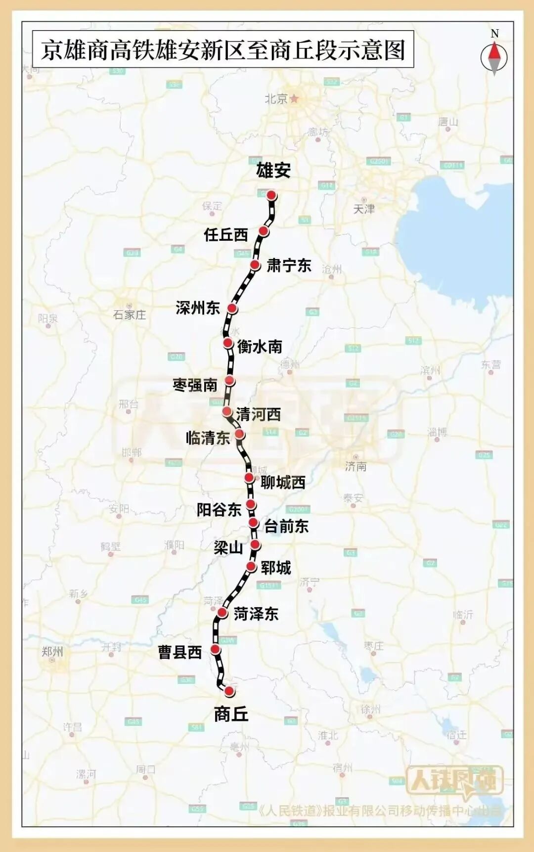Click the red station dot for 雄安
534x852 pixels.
coord(271,195)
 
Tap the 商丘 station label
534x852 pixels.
coord(231,714)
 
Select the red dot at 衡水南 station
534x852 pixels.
coord(228,343)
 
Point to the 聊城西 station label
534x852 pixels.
coord(283,482)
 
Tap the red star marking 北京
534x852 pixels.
coord(294,99)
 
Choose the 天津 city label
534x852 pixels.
coord(364,209)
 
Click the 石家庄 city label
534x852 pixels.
coord(130,314)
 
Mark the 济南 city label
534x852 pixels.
coord(356,466)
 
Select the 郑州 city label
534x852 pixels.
coord(52,652)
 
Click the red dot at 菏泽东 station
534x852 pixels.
coord(222,614)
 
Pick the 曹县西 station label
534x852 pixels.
coord(180,652)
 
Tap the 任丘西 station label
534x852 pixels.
coord(226,234)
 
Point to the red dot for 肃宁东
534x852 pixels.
coord(255,265)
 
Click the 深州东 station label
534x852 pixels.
coord(198,308)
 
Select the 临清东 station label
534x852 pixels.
coord(208,438)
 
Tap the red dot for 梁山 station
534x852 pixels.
coord(255,545)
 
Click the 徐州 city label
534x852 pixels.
coord(371,710)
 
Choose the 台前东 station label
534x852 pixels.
coord(286,526)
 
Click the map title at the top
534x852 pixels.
coord(223,50)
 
